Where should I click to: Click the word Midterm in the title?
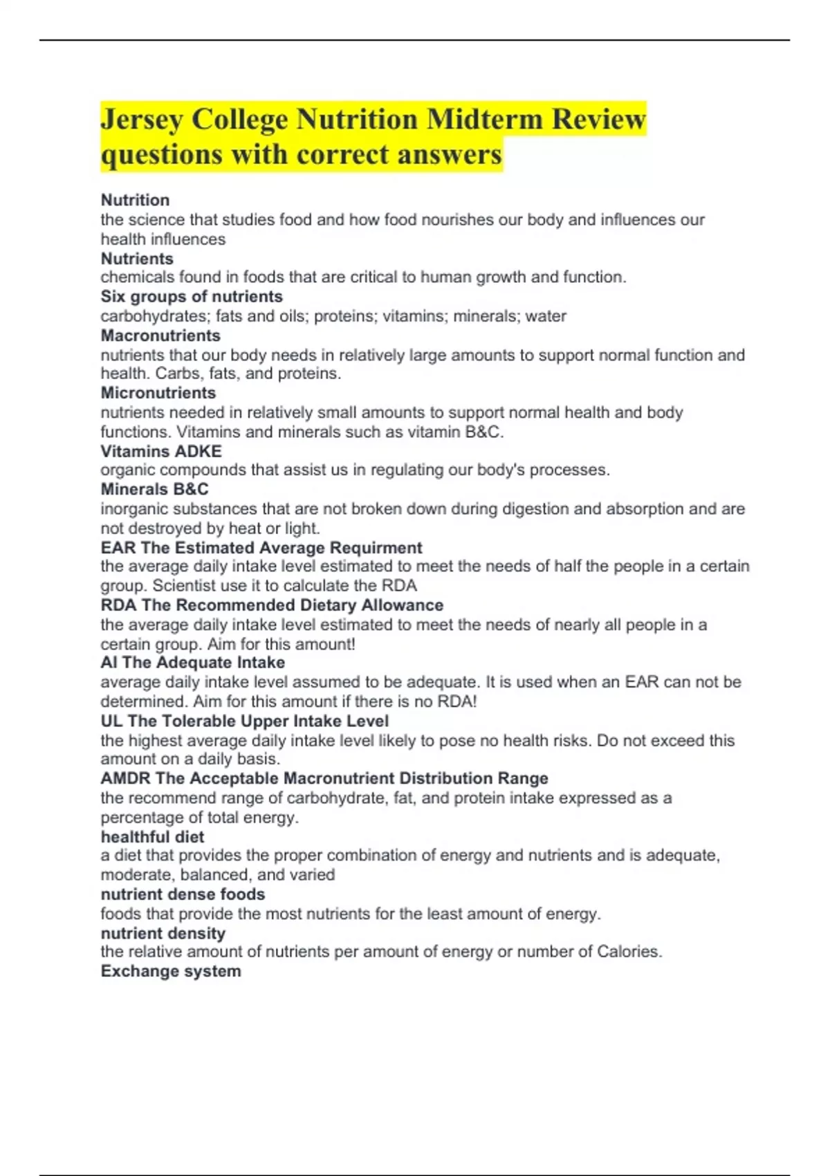(484, 119)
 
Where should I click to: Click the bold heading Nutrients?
(137, 259)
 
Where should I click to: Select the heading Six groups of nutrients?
(192, 297)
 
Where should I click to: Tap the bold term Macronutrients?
(160, 336)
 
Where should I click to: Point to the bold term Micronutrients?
(158, 393)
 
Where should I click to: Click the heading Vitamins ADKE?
(161, 451)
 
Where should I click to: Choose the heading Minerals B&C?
(154, 489)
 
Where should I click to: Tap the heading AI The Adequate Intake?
(192, 663)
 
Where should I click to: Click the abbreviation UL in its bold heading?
(111, 721)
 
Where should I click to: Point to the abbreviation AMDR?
(125, 778)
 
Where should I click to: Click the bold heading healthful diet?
(152, 837)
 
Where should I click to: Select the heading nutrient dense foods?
(183, 894)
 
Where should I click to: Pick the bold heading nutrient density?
(163, 933)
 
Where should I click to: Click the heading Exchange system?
(171, 971)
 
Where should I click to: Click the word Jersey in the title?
(142, 119)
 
